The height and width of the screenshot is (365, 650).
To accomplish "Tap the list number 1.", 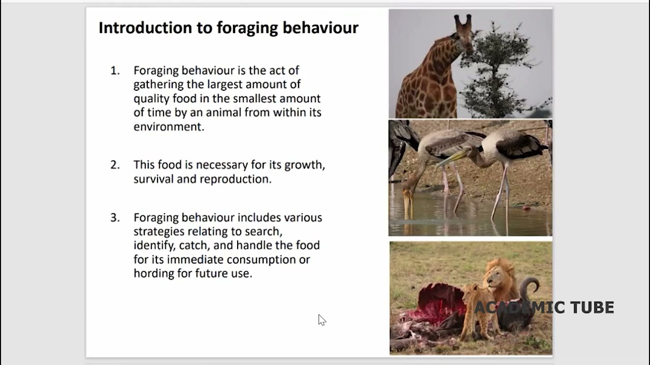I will click(x=115, y=70).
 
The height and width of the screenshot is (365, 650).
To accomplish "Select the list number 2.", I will click(x=115, y=165).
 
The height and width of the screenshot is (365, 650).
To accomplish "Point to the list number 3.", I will click(x=115, y=217).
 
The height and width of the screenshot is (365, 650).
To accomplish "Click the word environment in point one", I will click(x=168, y=127).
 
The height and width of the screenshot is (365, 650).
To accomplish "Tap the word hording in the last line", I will click(x=152, y=273).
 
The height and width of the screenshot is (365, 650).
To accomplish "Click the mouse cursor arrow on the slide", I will click(x=321, y=319).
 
